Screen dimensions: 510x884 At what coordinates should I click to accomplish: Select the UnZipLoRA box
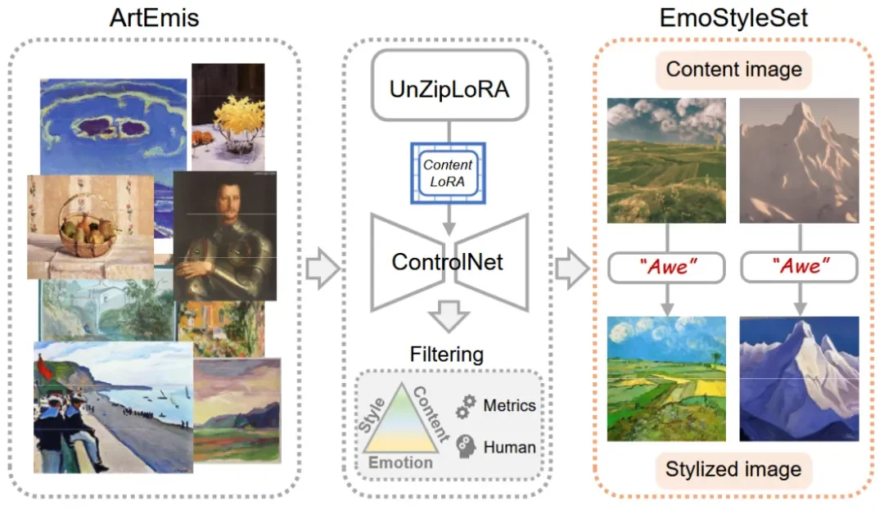point(449,88)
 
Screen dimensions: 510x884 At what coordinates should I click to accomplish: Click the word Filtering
point(447,354)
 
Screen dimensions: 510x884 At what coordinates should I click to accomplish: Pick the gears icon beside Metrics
point(467,404)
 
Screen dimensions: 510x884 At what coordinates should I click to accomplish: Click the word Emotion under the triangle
point(400,463)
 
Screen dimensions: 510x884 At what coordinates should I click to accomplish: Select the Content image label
point(733,70)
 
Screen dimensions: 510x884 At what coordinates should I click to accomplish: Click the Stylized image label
point(733,469)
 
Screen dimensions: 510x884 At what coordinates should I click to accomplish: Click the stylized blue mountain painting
point(799,379)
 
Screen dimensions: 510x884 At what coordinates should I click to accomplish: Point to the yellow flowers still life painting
point(228,115)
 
